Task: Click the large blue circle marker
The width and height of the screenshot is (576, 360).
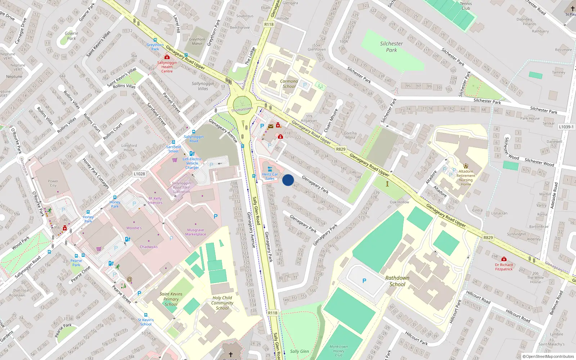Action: pyautogui.click(x=288, y=180)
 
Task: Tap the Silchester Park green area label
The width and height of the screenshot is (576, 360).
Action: pyautogui.click(x=391, y=47)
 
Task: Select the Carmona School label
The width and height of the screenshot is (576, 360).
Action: pyautogui.click(x=289, y=84)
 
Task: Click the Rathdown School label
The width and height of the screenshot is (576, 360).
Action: pyautogui.click(x=397, y=281)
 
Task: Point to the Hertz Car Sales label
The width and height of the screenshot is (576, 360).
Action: pyautogui.click(x=270, y=176)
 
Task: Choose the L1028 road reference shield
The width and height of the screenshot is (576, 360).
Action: pyautogui.click(x=139, y=174)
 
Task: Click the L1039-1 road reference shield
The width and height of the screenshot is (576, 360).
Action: pyautogui.click(x=566, y=127)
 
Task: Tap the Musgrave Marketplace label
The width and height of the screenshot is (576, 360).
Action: pyautogui.click(x=195, y=232)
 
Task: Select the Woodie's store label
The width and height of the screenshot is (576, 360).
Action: pyautogui.click(x=134, y=228)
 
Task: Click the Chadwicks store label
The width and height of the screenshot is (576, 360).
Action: pyautogui.click(x=149, y=247)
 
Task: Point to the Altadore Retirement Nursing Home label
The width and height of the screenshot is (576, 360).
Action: pyautogui.click(x=466, y=178)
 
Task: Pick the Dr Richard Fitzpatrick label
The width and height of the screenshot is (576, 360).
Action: pyautogui.click(x=504, y=267)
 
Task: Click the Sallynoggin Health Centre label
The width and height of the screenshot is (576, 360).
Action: pyautogui.click(x=167, y=67)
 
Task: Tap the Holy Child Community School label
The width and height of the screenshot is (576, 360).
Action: pyautogui.click(x=222, y=303)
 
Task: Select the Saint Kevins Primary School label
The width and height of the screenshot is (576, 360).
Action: pyautogui.click(x=171, y=299)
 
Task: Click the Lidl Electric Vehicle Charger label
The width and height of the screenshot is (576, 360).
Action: pyautogui.click(x=192, y=163)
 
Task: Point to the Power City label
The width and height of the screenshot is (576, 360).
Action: pyautogui.click(x=53, y=183)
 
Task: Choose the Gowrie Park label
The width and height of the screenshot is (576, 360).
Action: pyautogui.click(x=71, y=36)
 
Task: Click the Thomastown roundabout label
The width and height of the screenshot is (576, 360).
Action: pyautogui.click(x=242, y=109)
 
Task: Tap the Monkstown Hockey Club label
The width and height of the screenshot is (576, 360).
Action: pyautogui.click(x=338, y=351)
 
